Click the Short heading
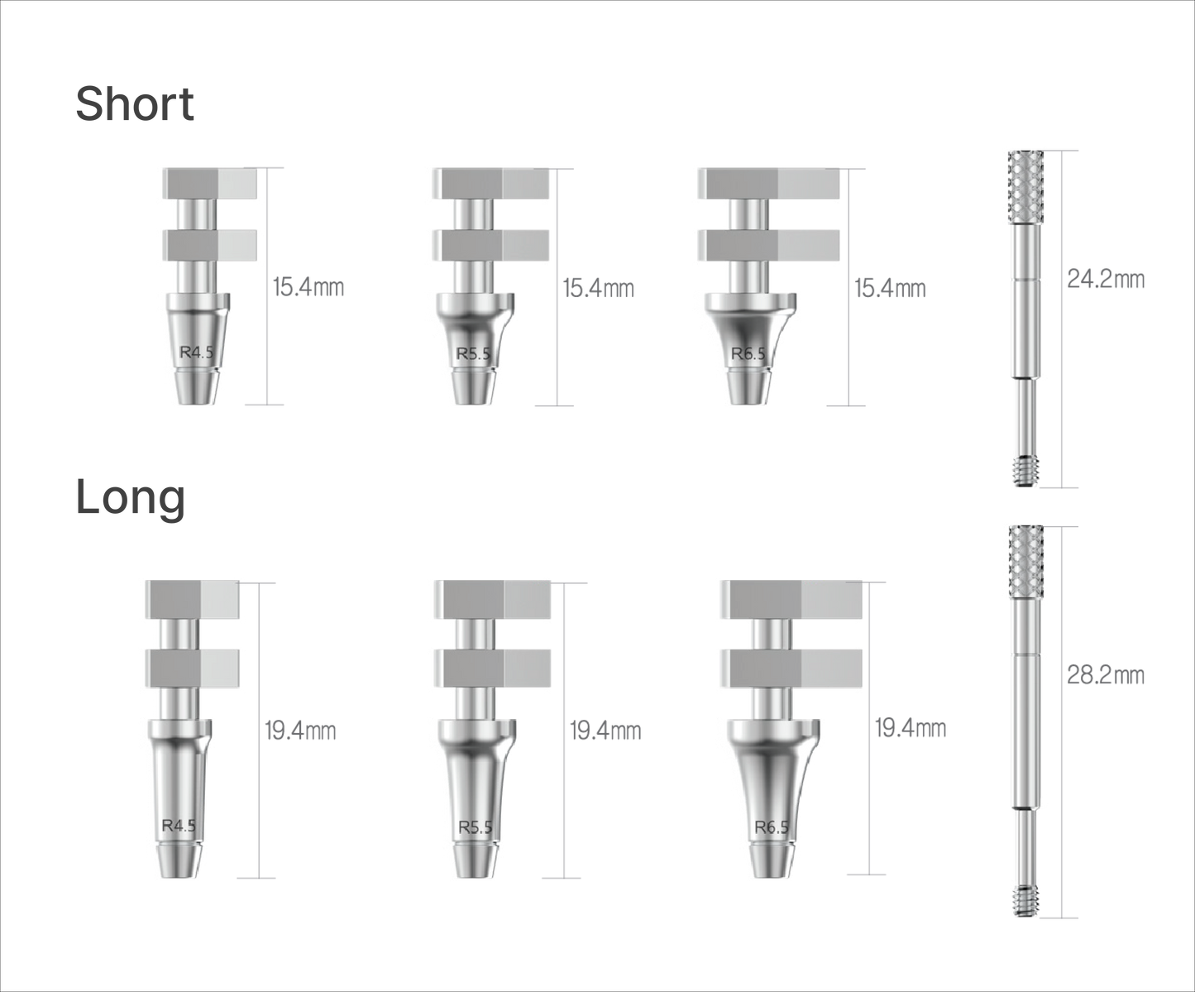[135, 103]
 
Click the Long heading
[131, 498]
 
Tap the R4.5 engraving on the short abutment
[196, 352]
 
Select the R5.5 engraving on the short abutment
[473, 353]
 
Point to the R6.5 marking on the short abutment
[748, 353]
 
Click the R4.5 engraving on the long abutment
[179, 826]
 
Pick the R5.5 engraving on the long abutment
[475, 827]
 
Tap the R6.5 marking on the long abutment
[772, 827]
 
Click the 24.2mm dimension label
[1106, 280]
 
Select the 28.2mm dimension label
[1106, 675]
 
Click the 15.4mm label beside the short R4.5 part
[308, 287]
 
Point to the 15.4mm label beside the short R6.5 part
[890, 288]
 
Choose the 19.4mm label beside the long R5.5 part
[605, 731]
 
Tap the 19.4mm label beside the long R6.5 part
[911, 729]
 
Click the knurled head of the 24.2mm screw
[1025, 187]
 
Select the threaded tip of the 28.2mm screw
[1025, 900]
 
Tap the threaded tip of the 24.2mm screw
[1025, 472]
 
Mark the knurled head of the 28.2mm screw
[1025, 561]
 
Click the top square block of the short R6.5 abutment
[768, 184]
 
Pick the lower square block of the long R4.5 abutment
[193, 668]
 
